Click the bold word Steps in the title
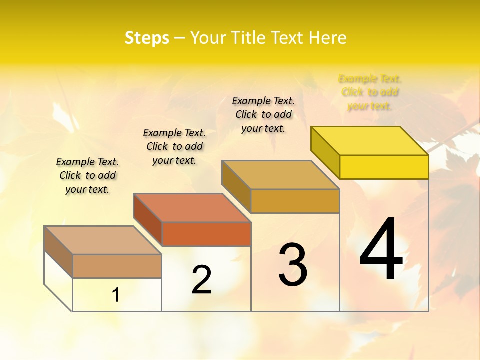(147, 38)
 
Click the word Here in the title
(327, 38)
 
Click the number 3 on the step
(293, 264)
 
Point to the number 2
(201, 280)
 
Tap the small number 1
(116, 295)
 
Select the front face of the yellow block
(384, 167)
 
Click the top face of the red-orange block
(192, 207)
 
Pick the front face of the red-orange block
(206, 234)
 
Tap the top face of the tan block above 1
(103, 240)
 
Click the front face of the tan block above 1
(117, 266)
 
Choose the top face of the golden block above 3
(280, 175)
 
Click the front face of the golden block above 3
(295, 201)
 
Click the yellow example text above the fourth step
(370, 92)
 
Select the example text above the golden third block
(263, 114)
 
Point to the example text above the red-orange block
(174, 146)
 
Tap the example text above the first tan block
(87, 175)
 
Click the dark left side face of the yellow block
(325, 150)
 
